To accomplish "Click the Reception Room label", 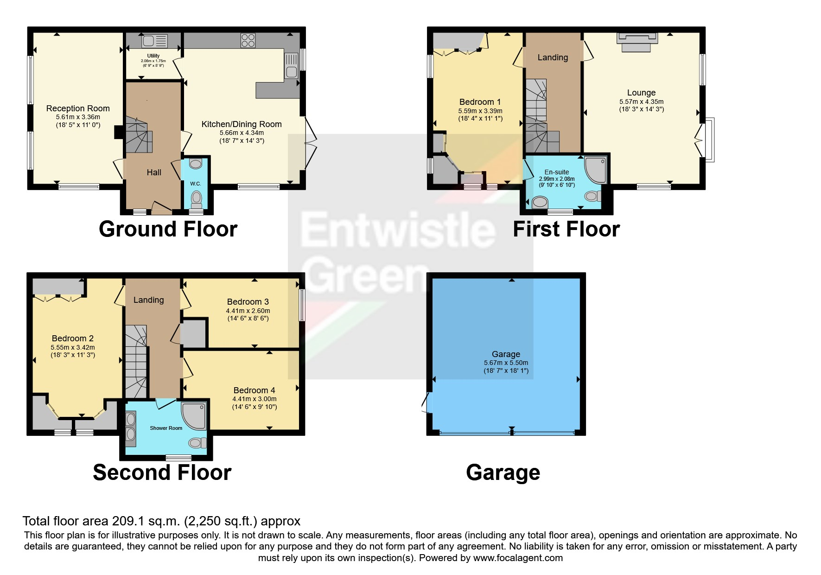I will (x=78, y=109).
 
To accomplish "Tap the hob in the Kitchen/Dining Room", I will (x=248, y=40).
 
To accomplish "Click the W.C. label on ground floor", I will (x=195, y=184).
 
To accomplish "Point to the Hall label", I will (x=154, y=172).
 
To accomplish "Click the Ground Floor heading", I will (x=168, y=229).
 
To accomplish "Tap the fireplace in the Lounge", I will (x=637, y=42).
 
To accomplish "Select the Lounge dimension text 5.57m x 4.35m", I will (x=641, y=102).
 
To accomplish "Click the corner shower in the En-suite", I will (x=596, y=170).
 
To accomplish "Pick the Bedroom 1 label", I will (x=480, y=102).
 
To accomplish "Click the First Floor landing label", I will (x=553, y=57).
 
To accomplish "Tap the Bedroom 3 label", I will (x=248, y=302).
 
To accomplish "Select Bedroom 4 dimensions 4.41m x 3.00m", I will (x=254, y=399).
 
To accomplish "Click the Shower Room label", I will (x=166, y=428).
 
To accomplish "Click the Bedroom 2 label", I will (x=72, y=339).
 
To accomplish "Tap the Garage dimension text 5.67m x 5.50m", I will (x=506, y=363).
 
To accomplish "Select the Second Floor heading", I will (x=162, y=473).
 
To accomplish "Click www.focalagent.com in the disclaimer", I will (x=518, y=558).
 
